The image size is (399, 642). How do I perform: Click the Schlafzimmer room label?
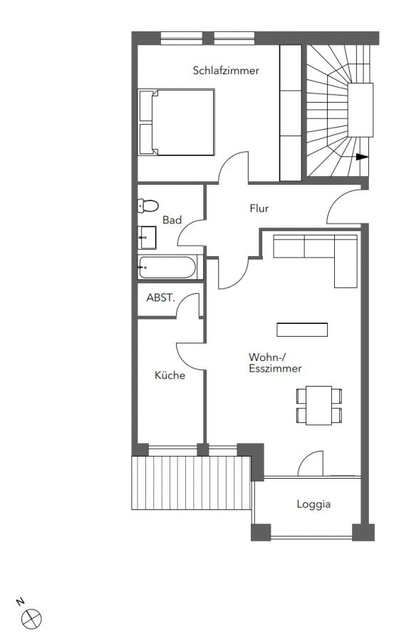tap(226, 71)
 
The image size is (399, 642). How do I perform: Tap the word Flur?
tap(259, 208)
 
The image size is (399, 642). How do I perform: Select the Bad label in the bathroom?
tap(172, 220)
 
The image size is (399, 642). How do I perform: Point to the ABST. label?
tap(160, 297)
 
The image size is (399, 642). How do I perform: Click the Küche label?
tap(170, 375)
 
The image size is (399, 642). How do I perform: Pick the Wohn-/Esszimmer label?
tap(275, 362)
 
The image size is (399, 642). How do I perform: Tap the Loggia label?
tap(313, 504)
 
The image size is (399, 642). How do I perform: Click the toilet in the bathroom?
tap(147, 205)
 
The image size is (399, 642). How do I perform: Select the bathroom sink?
tap(147, 238)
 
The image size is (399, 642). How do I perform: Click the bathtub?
tap(170, 267)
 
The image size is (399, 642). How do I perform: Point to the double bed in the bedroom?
tap(176, 123)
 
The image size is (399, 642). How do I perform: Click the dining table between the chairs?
tap(319, 405)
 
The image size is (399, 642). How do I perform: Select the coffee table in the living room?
tap(302, 330)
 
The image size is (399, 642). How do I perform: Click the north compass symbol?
tap(31, 618)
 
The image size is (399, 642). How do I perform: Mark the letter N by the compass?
tap(21, 601)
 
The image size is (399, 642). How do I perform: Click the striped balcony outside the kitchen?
tap(191, 483)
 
